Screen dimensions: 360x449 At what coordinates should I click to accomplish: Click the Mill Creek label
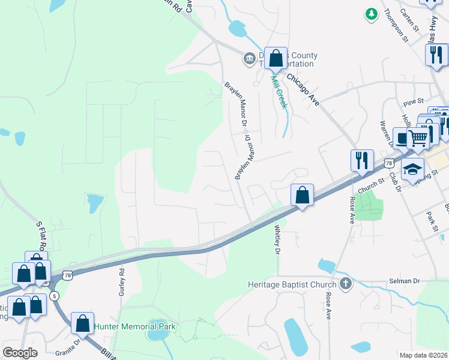click(x=279, y=91)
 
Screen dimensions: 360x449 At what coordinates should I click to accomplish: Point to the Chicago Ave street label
click(x=303, y=89)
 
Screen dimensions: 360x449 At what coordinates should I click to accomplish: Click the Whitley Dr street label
click(x=278, y=239)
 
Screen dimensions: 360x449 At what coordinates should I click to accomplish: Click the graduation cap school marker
click(x=413, y=170)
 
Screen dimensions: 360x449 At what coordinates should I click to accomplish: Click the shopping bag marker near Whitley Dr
click(x=303, y=195)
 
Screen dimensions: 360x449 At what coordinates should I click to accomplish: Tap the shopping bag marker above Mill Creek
click(x=276, y=59)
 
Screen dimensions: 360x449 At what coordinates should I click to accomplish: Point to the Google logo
click(x=20, y=353)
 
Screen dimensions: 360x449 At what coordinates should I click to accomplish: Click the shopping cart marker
click(x=418, y=139)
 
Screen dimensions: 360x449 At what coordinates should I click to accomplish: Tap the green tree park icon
click(x=372, y=13)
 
